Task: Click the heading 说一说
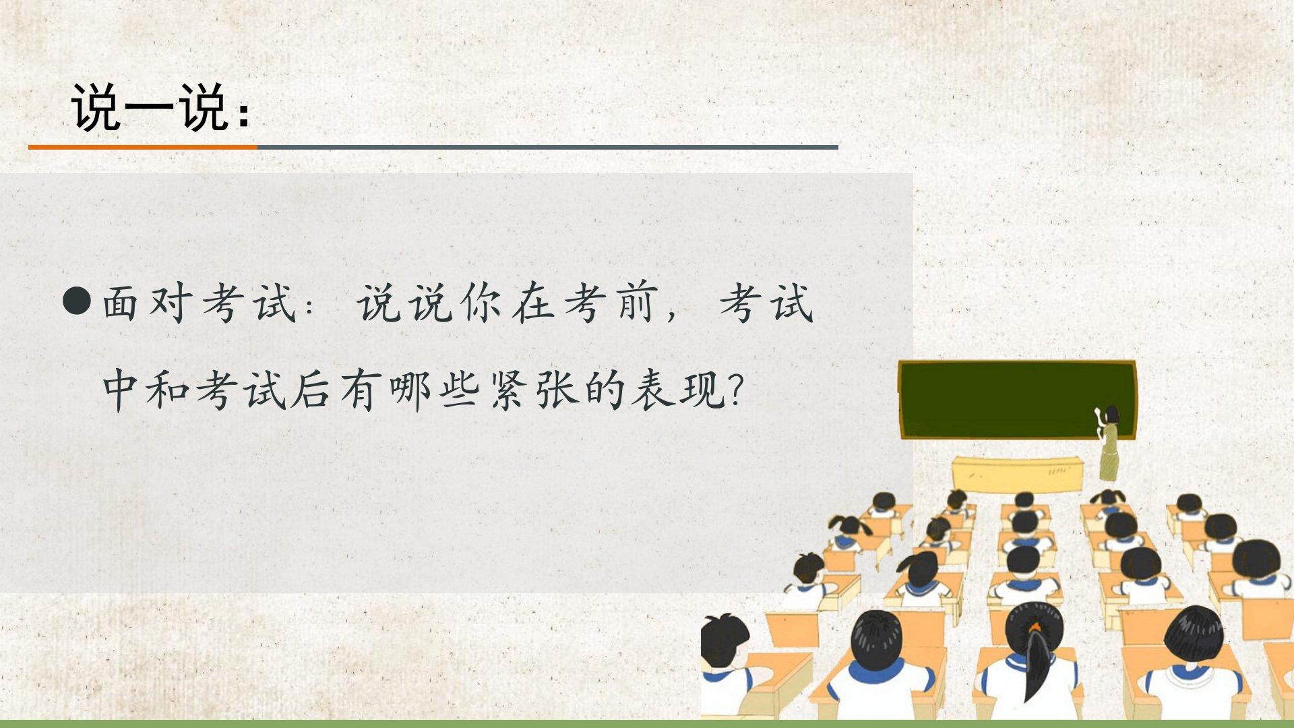pos(149,108)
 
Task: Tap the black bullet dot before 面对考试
pos(76,301)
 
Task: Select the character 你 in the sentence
pos(481,303)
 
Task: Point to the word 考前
pos(611,303)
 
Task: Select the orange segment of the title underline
pos(143,146)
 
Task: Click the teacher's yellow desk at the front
pos(1018,474)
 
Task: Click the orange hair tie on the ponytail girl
pos(1035,629)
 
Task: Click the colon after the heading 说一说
pos(244,115)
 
